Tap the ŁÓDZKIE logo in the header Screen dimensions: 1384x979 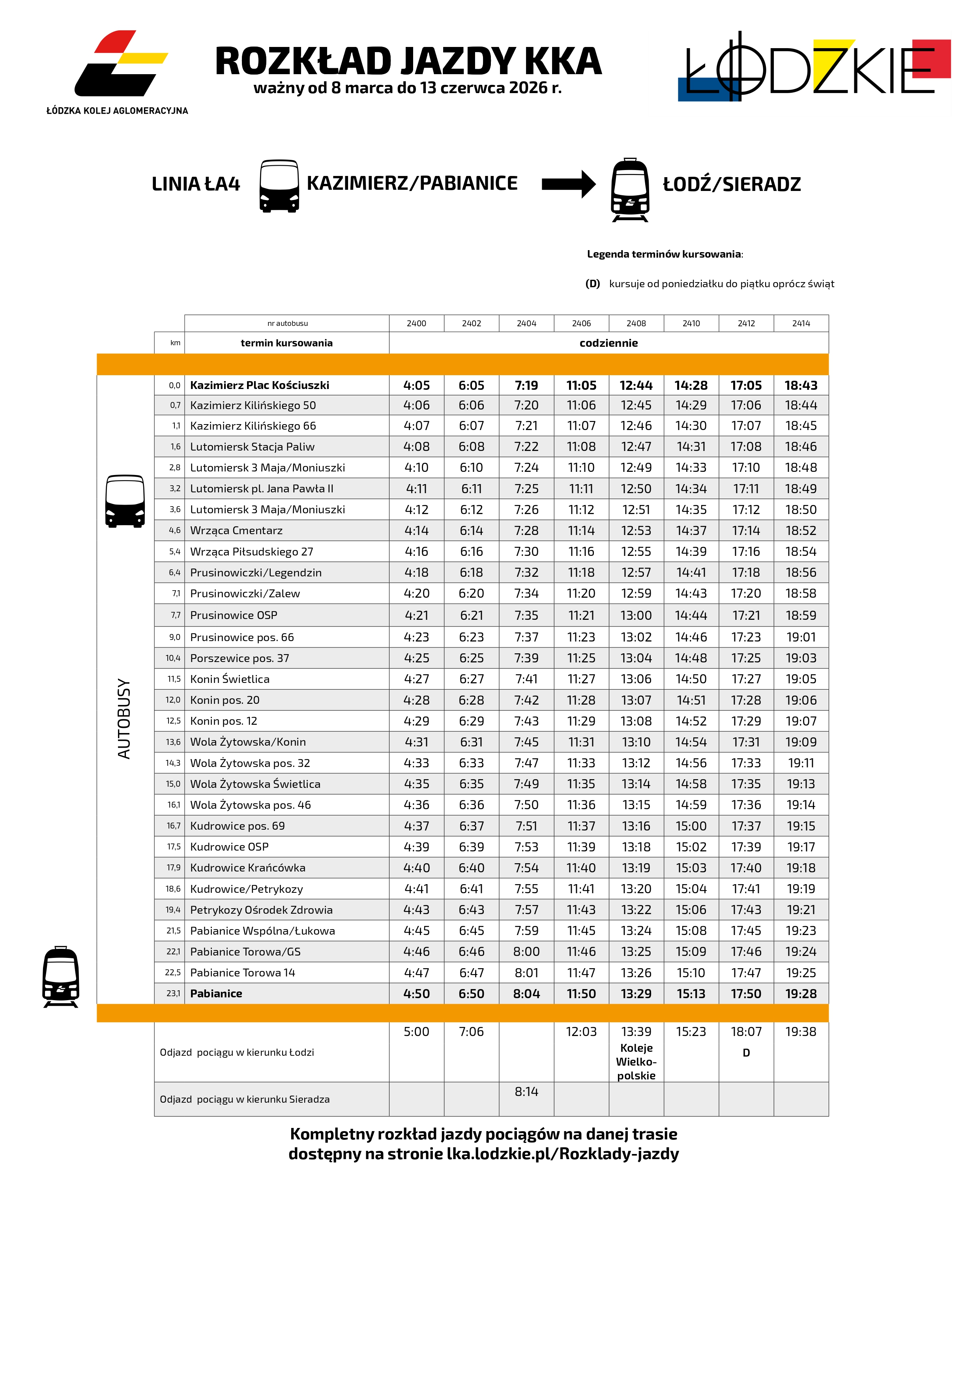pos(814,69)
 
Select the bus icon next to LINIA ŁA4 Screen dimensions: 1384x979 pos(279,186)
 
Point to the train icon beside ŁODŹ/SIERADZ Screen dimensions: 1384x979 pos(630,190)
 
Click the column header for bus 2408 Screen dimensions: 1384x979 pos(636,324)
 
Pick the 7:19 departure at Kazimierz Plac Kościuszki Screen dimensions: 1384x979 pos(526,385)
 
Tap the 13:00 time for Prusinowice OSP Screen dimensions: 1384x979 pos(636,615)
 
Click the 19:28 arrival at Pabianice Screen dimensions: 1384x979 pos(801,993)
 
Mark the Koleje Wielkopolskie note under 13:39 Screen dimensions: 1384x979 pos(636,1062)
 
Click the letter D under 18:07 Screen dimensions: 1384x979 pos(746,1053)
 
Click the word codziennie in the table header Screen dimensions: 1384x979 pos(608,343)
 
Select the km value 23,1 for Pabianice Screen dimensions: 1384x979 pos(173,993)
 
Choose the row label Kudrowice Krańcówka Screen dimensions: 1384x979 pos(248,868)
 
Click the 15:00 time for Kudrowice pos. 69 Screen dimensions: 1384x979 pos(691,826)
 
